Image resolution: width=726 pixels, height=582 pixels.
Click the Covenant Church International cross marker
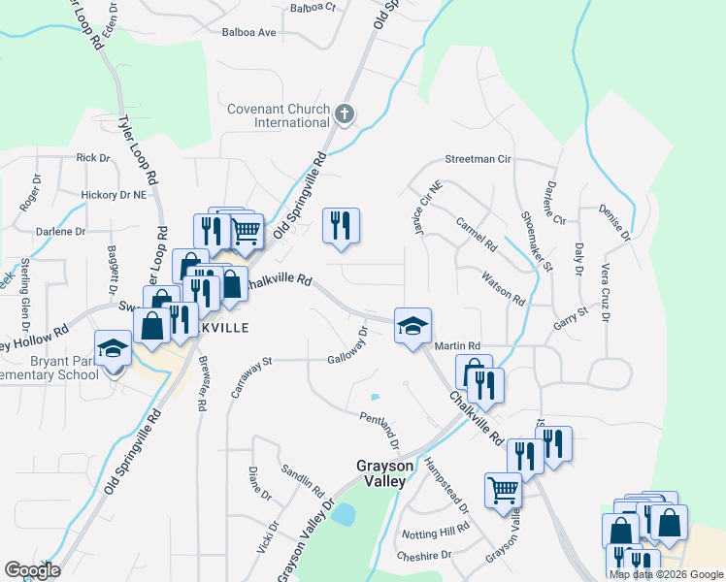344,115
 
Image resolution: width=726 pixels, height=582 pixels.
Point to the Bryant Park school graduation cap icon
113,347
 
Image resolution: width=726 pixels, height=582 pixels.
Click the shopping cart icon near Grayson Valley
503,490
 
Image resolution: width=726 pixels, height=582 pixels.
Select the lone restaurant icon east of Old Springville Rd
341,225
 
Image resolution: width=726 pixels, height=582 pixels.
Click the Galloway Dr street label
348,344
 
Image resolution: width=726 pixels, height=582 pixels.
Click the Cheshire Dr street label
426,556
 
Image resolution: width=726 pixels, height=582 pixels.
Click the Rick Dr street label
93,157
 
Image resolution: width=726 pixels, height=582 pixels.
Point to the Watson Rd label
503,287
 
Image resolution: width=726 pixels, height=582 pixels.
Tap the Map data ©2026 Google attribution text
666,574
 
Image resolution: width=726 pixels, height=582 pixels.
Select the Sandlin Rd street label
302,476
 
